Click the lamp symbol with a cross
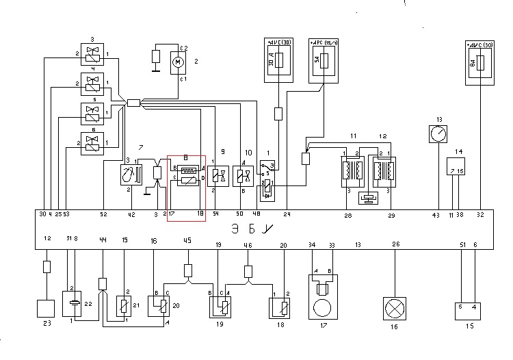point(395,305)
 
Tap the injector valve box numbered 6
point(92,142)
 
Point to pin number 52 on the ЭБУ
point(103,215)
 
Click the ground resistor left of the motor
point(156,57)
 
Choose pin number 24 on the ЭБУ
point(287,215)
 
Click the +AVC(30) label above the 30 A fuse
point(278,43)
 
